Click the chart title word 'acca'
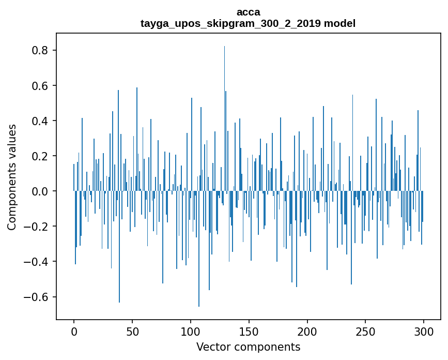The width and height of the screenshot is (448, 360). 248,12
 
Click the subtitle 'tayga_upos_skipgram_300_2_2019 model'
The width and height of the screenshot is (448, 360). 248,23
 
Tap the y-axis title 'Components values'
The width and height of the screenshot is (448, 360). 11,177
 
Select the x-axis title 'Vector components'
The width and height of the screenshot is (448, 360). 248,347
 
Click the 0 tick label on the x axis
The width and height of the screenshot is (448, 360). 74,331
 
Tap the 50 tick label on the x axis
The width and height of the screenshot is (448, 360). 132,331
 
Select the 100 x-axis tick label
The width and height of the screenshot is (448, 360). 191,331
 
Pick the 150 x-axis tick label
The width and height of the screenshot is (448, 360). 249,331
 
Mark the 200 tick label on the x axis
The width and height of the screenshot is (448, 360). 307,331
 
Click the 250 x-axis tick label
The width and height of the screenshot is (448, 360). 366,331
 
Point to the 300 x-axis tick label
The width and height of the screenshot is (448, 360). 424,331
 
